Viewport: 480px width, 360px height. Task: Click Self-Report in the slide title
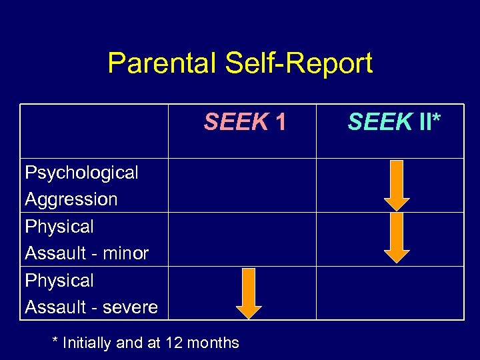[299, 64]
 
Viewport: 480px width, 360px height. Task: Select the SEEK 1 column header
[245, 122]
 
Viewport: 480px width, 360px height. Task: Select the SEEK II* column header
[394, 122]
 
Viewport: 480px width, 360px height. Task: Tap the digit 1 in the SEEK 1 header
[281, 122]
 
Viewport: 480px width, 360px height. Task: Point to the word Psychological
[81, 173]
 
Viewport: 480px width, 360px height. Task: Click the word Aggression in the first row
[71, 199]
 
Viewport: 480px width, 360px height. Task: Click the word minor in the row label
[125, 253]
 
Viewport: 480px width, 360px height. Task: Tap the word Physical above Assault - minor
[59, 227]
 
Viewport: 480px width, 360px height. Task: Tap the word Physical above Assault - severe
[59, 281]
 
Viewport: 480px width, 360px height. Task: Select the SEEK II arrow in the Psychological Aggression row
[397, 185]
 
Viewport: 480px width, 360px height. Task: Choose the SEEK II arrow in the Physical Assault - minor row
[397, 238]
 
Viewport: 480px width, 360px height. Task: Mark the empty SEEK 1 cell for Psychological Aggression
[242, 185]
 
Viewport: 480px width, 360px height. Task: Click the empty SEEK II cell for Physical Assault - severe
[389, 293]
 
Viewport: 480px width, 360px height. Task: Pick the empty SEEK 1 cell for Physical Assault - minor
[242, 239]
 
